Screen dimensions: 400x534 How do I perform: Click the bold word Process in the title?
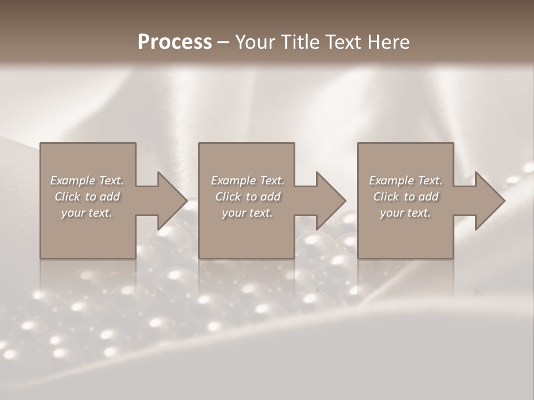pyautogui.click(x=175, y=42)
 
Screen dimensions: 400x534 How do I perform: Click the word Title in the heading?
pyautogui.click(x=299, y=42)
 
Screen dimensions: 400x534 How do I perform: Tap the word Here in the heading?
pyautogui.click(x=389, y=42)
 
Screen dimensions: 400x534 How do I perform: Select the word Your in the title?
pyautogui.click(x=254, y=42)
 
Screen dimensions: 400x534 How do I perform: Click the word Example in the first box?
pyautogui.click(x=72, y=181)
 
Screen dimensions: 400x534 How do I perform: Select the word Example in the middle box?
pyautogui.click(x=233, y=181)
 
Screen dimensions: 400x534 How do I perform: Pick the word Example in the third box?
pyautogui.click(x=391, y=181)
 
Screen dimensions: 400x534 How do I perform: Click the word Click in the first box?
pyautogui.click(x=67, y=197)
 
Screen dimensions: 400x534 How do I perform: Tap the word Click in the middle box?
pyautogui.click(x=228, y=197)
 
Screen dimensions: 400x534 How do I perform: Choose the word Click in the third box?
pyautogui.click(x=386, y=197)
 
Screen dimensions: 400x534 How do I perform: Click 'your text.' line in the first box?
pyautogui.click(x=87, y=213)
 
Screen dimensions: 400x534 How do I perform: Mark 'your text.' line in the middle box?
pyautogui.click(x=248, y=213)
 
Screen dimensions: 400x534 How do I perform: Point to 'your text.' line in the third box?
pyautogui.click(x=406, y=213)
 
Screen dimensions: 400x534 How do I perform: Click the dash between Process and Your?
pyautogui.click(x=223, y=43)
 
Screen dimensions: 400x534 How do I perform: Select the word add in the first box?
pyautogui.click(x=110, y=197)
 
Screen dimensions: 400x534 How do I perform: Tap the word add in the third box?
pyautogui.click(x=428, y=197)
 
